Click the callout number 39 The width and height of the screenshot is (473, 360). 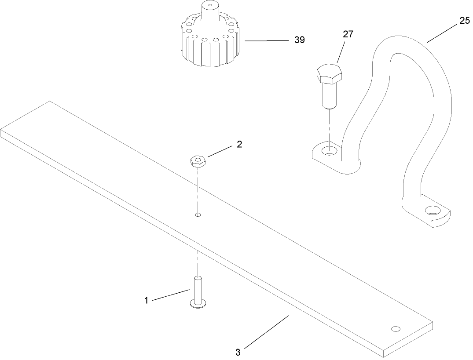coord(299,40)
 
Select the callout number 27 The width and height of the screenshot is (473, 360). coord(348,35)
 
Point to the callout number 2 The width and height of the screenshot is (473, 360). coord(239,144)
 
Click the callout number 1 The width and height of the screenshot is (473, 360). coord(146,301)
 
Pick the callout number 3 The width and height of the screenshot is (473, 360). coord(238,352)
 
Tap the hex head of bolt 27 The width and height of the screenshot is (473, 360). coord(328,73)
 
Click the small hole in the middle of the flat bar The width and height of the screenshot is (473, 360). coord(198,215)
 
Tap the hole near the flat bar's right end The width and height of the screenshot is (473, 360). coord(396,329)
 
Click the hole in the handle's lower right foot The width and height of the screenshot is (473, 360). coord(433,210)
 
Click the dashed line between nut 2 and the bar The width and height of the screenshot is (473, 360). coord(198,189)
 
